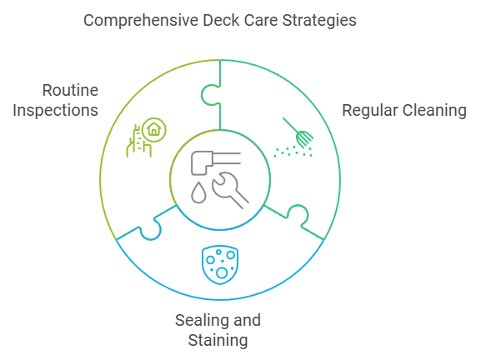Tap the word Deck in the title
[221, 20]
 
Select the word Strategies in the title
[319, 21]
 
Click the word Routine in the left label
[70, 90]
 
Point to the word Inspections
[56, 110]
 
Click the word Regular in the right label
[370, 111]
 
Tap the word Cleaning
[434, 111]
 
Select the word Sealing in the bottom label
[203, 321]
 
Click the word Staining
[218, 341]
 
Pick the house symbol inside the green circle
[154, 129]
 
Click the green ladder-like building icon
[138, 142]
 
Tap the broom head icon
[304, 138]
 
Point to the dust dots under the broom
[293, 152]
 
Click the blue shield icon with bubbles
[220, 265]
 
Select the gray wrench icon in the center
[230, 190]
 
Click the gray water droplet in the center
[198, 192]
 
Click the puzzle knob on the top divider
[210, 95]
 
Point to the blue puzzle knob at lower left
[150, 229]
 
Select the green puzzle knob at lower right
[298, 215]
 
